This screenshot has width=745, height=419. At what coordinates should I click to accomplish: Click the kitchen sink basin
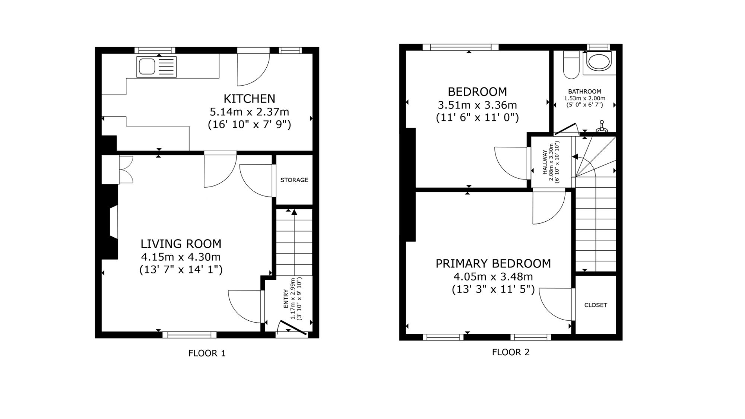(x=147, y=67)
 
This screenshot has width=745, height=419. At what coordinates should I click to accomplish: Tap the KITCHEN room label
(x=249, y=99)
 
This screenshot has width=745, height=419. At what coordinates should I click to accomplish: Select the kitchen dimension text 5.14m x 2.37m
(x=249, y=112)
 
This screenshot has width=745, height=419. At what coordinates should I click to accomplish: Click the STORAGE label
(x=294, y=180)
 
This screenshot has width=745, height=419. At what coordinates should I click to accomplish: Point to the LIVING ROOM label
(x=181, y=244)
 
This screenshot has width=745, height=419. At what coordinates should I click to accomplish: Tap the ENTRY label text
(x=286, y=299)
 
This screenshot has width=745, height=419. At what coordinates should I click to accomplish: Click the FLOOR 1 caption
(x=207, y=353)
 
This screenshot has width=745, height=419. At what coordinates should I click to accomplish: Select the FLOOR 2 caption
(x=511, y=352)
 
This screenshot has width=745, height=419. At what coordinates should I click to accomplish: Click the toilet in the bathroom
(x=571, y=65)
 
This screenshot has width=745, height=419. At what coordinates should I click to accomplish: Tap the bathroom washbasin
(x=599, y=61)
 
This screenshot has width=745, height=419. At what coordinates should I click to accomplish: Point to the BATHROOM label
(x=584, y=91)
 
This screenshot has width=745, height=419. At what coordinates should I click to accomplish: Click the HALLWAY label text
(x=545, y=162)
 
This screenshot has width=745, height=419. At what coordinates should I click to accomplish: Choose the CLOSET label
(x=596, y=305)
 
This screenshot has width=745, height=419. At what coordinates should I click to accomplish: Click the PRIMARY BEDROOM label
(x=493, y=263)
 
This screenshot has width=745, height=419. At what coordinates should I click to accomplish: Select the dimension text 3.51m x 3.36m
(x=478, y=105)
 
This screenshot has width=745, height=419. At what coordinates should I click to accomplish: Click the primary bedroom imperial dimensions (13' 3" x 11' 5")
(x=493, y=289)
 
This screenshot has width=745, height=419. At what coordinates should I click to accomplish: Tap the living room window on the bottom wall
(x=190, y=335)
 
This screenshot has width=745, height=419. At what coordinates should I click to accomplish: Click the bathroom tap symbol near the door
(x=602, y=127)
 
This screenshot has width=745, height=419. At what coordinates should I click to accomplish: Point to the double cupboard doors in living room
(x=126, y=169)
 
